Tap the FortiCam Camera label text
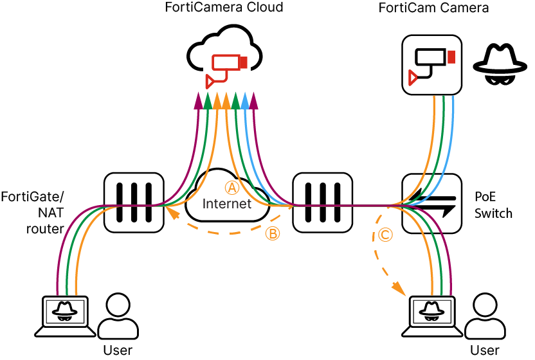(433, 8)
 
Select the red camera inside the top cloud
(226, 67)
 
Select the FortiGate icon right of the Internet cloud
(322, 202)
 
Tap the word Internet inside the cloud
(227, 204)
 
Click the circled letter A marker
(231, 187)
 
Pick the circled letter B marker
(273, 234)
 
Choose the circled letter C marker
(385, 235)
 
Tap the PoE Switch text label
(493, 204)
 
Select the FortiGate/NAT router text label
(32, 212)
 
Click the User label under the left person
(118, 350)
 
